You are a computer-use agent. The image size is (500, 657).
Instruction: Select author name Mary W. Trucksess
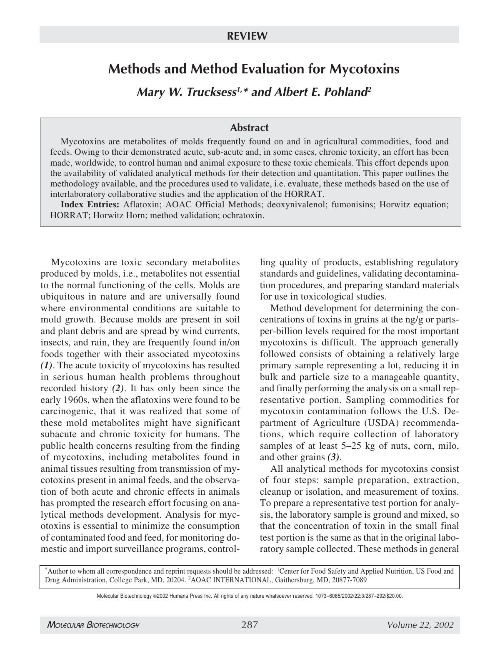click(x=187, y=92)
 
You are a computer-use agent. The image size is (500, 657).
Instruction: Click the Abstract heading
click(x=249, y=128)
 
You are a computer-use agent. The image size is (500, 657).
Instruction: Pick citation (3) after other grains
click(x=333, y=457)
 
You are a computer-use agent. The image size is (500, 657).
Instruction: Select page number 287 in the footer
click(x=249, y=624)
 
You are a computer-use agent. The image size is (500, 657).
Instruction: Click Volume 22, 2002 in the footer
click(x=420, y=624)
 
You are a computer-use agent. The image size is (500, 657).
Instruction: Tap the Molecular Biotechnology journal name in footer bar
click(x=93, y=624)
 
